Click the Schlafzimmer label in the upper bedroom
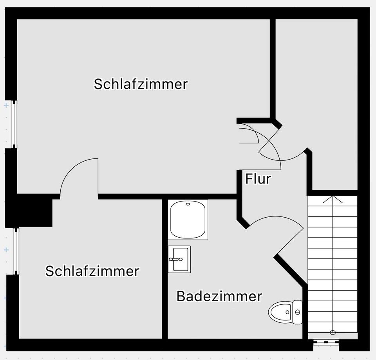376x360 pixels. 141,84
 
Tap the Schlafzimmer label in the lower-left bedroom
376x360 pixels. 92,271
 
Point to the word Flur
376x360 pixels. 258,179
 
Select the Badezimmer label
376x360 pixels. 219,296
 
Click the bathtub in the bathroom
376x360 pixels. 188,220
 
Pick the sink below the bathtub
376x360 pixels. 179,259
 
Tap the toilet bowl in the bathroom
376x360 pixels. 280,312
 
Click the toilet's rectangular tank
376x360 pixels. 297,312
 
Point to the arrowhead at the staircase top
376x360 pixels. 333,199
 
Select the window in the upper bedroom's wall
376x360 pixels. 14,124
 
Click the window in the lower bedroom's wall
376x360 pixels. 16,251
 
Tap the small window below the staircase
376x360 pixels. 326,342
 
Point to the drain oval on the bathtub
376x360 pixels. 188,204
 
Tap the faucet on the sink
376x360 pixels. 176,259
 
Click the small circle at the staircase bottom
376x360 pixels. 333,333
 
